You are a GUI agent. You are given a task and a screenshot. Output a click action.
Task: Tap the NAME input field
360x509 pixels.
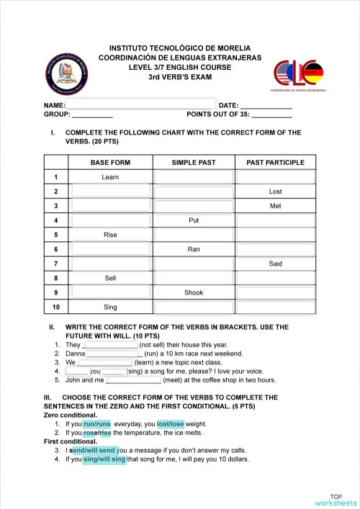[140, 104]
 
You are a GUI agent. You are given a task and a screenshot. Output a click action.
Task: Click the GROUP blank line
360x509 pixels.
[93, 114]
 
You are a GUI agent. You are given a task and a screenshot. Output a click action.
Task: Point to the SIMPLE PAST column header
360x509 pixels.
[194, 163]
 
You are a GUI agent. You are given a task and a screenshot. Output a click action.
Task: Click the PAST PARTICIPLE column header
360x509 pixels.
[275, 163]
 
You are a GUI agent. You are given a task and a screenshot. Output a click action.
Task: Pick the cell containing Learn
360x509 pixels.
[110, 177]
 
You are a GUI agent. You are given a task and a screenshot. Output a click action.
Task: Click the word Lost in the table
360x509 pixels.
[275, 192]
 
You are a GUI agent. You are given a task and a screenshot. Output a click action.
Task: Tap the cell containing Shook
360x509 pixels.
[194, 292]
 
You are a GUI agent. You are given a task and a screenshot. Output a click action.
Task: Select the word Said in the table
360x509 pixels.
[275, 263]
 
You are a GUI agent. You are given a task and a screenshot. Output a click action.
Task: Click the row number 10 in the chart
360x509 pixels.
[55, 307]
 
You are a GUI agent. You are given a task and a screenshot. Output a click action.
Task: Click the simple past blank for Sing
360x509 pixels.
[194, 307]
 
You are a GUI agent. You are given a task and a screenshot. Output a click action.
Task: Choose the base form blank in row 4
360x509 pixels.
[110, 220]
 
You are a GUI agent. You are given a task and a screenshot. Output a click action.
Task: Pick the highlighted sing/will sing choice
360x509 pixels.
[104, 459]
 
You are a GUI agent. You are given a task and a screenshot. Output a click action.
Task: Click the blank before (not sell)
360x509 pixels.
[110, 346]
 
